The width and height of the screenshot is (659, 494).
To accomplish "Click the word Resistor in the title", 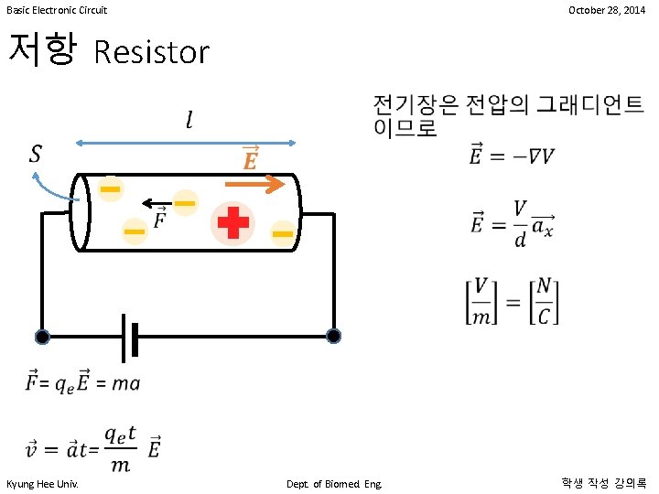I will pos(152,52).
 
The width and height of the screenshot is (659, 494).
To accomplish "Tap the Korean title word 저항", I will pos(40,49).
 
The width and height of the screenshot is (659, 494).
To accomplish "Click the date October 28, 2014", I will pos(606,10).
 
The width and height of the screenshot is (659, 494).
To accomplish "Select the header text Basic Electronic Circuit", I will pos(57,10).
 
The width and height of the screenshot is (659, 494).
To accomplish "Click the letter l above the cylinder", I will pos(189,120).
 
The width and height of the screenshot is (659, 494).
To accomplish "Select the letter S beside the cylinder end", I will pos(36,154).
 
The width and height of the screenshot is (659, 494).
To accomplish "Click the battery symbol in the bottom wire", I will pos(130,337).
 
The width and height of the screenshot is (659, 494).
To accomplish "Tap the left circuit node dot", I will pos(42,337).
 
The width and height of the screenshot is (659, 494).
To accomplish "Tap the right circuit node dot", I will pos(333,336).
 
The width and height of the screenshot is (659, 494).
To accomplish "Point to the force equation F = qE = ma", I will pos(83,382).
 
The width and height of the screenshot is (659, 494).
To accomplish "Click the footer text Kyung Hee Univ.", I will pos(42,482).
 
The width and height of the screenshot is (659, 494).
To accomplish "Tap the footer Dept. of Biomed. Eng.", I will pos(334,482).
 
